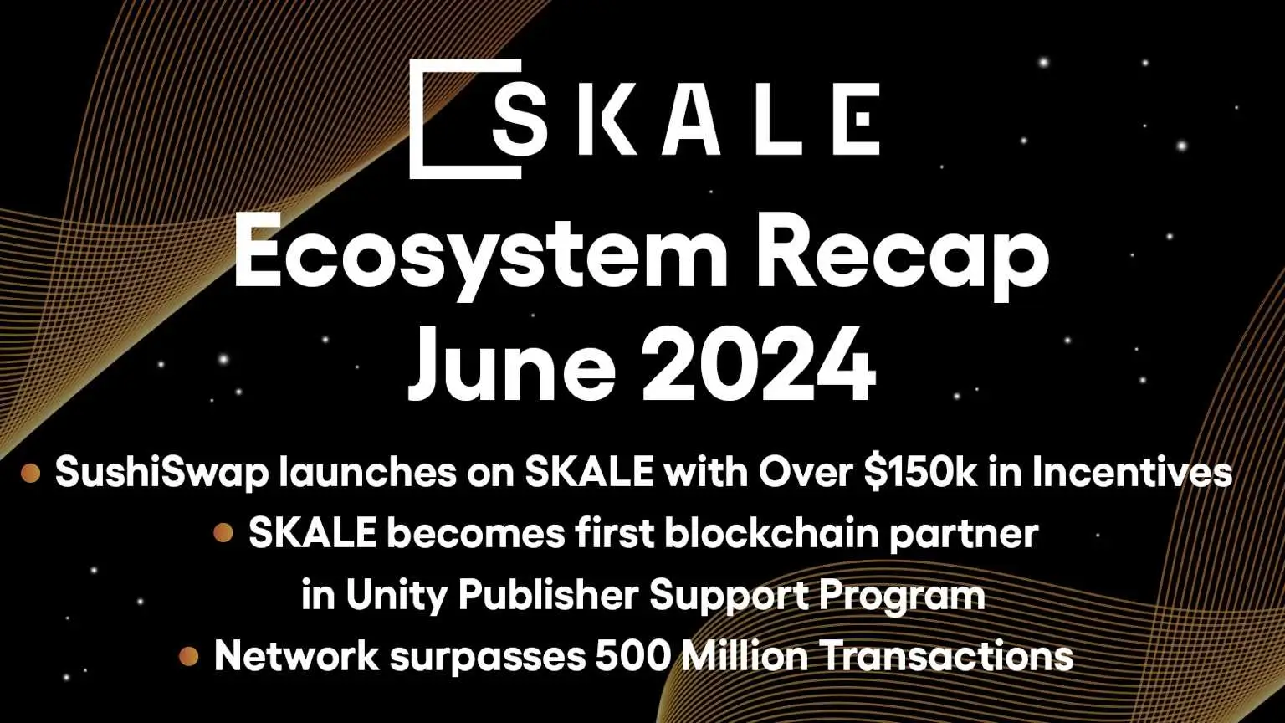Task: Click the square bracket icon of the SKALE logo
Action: click(x=452, y=118)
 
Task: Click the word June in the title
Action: click(x=511, y=366)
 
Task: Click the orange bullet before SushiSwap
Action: click(x=31, y=474)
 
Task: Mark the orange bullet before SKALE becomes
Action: click(x=223, y=533)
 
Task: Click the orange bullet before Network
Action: click(x=189, y=656)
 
